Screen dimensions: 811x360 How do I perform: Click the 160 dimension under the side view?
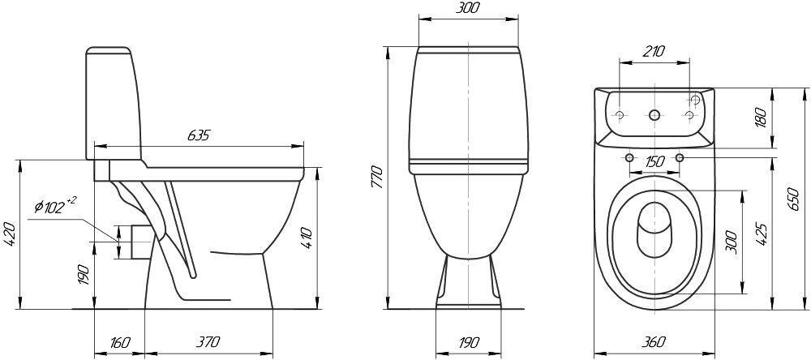(x=120, y=342)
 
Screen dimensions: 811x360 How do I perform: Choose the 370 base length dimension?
(x=208, y=342)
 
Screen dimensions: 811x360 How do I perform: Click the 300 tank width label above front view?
(x=468, y=8)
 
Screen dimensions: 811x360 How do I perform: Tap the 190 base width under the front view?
(x=468, y=342)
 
